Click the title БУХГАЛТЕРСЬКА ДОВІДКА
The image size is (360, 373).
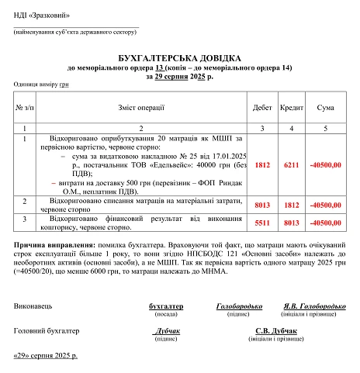click(179, 59)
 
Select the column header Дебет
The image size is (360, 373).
click(262, 107)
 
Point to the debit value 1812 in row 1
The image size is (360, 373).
click(262, 164)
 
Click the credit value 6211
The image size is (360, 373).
click(292, 164)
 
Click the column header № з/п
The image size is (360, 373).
click(25, 107)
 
